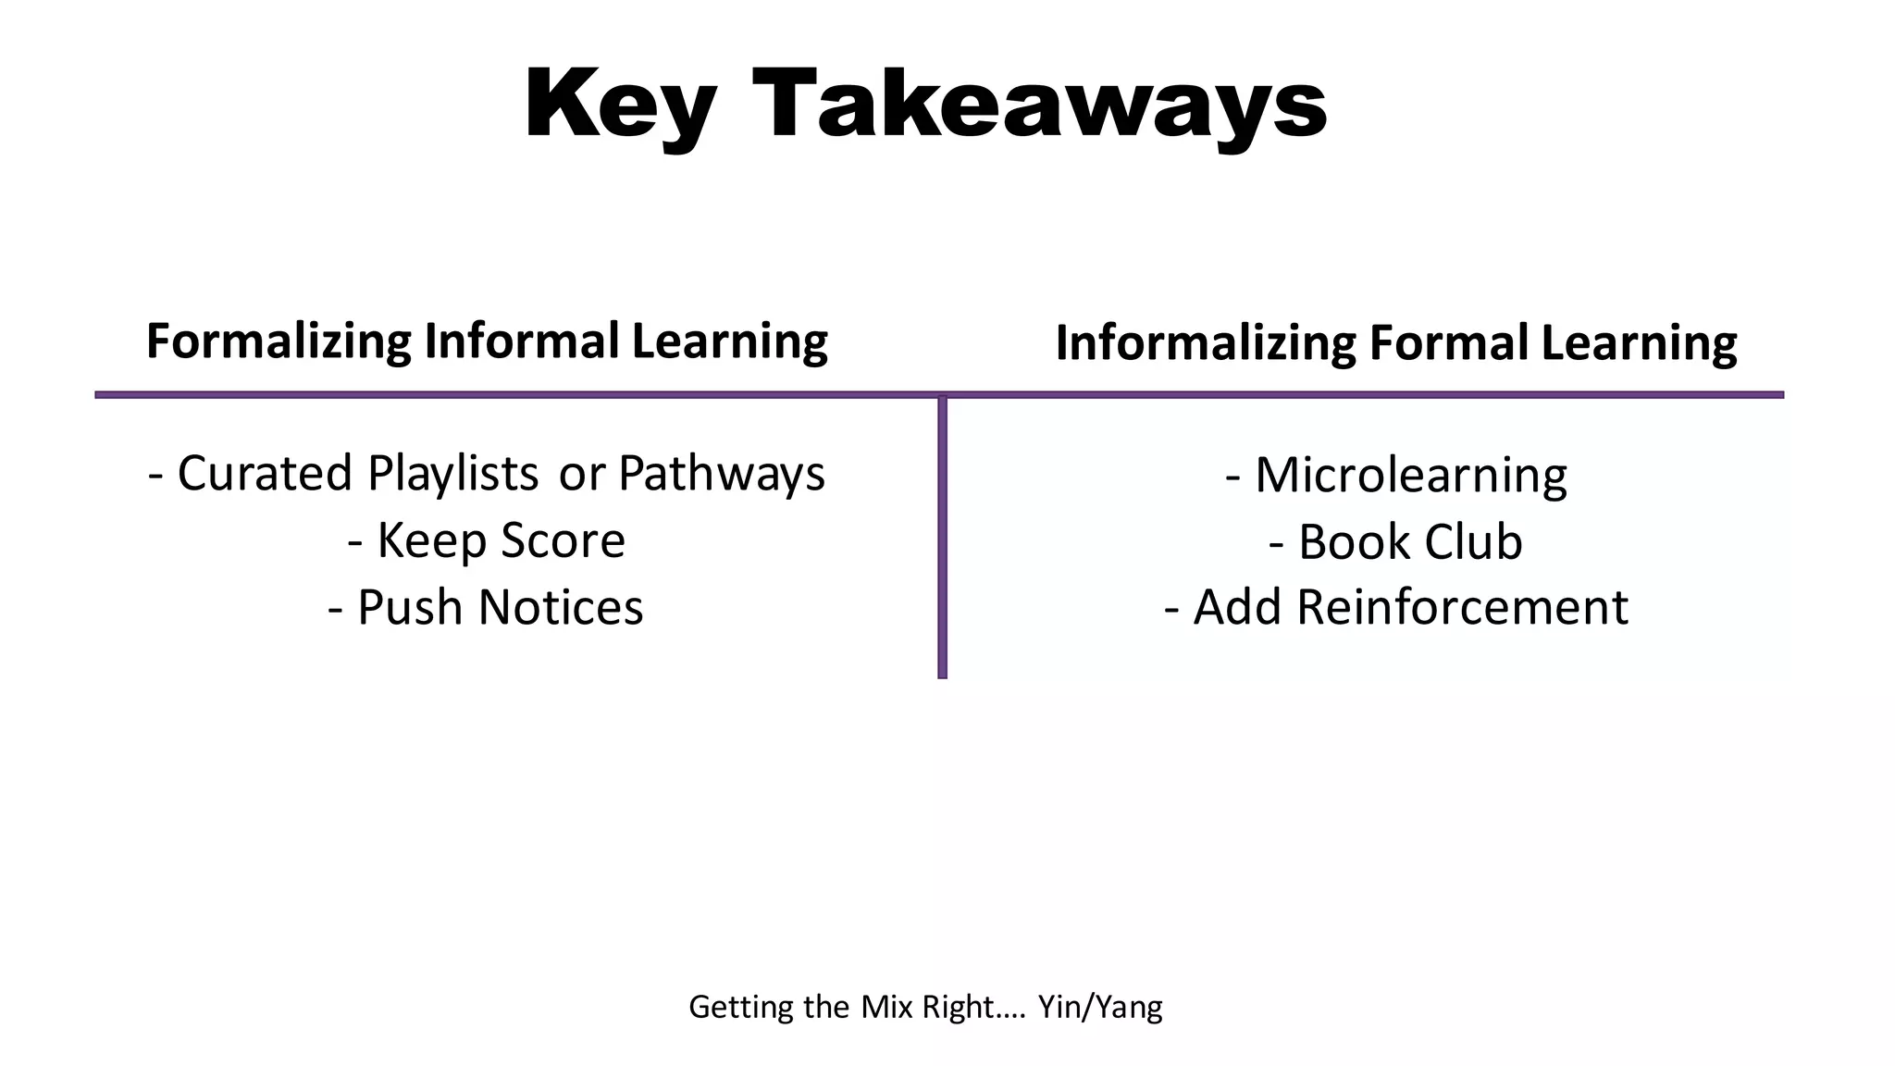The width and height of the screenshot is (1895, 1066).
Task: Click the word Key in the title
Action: [619, 105]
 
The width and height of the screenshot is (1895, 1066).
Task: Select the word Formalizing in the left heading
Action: [279, 341]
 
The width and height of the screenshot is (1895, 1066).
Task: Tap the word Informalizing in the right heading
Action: [1205, 343]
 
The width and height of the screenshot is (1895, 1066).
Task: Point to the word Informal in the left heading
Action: [522, 341]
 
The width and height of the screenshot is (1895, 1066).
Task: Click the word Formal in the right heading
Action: [1448, 342]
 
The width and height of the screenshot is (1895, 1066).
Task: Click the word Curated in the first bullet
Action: [264, 474]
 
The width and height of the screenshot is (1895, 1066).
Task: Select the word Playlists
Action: [452, 474]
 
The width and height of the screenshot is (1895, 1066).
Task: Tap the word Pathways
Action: [721, 474]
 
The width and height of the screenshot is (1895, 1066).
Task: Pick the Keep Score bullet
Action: [487, 540]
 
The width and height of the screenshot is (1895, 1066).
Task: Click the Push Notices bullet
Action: [486, 608]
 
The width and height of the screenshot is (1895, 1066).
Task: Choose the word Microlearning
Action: [1410, 476]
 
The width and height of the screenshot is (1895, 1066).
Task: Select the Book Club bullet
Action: [1396, 542]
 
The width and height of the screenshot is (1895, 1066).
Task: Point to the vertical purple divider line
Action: [942, 537]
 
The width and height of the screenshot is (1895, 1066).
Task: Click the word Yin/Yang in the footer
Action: [1099, 1007]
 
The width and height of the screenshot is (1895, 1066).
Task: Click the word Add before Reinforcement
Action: [1236, 608]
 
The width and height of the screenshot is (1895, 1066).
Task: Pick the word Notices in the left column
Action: [561, 608]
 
